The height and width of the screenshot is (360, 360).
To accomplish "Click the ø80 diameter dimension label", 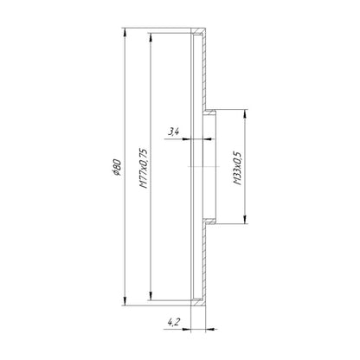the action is click(x=117, y=167).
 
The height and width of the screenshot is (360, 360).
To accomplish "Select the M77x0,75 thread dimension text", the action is click(x=144, y=168).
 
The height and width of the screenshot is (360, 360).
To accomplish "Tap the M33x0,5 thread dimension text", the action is click(x=237, y=168).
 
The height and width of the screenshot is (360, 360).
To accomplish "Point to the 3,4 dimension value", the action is click(x=174, y=132).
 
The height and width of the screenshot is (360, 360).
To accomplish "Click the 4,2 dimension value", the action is click(x=174, y=322).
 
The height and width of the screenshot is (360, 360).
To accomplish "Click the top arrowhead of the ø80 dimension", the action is click(x=125, y=32).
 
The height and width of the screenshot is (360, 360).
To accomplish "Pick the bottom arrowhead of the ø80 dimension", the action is click(x=125, y=301).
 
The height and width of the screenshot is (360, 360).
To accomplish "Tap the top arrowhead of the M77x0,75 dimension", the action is click(x=151, y=37).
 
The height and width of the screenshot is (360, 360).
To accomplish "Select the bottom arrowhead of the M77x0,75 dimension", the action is click(x=151, y=296).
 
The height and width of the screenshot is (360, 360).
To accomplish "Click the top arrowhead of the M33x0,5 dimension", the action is click(x=245, y=113).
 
